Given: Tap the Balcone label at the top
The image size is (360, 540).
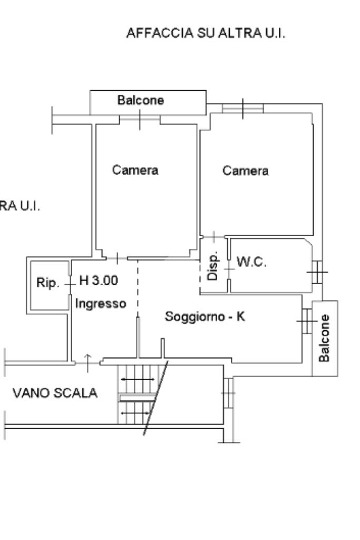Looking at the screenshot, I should pyautogui.click(x=141, y=100).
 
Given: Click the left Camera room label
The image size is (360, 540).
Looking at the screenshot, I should pyautogui.click(x=135, y=170).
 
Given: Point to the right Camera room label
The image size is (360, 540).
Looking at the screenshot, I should pyautogui.click(x=245, y=171).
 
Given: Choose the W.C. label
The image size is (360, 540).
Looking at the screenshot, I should pyautogui.click(x=252, y=263).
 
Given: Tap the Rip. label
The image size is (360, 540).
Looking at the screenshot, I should pyautogui.click(x=47, y=283).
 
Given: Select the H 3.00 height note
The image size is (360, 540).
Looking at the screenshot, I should pyautogui.click(x=99, y=281).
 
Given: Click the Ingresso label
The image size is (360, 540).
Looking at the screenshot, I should pyautogui.click(x=101, y=304).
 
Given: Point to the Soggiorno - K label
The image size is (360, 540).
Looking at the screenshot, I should pyautogui.click(x=205, y=317).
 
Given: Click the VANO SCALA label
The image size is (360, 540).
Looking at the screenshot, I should pyautogui.click(x=55, y=393).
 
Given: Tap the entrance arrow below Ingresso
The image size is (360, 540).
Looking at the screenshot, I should pyautogui.click(x=87, y=359).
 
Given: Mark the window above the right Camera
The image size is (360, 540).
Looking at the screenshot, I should pyautogui.click(x=242, y=109).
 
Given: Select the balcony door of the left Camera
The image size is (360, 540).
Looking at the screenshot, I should pyautogui.click(x=140, y=120).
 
